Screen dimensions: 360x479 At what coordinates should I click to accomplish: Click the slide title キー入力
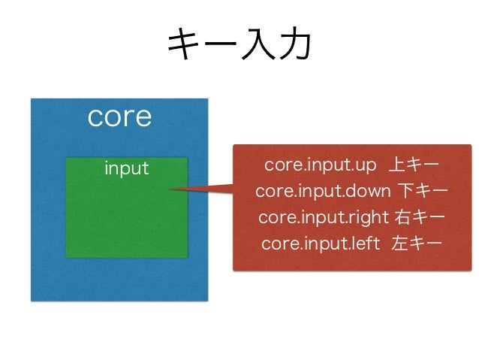pos(239,46)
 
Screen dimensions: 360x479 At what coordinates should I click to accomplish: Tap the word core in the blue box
pos(119,116)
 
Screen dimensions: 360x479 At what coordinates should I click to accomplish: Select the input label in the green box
pos(126,168)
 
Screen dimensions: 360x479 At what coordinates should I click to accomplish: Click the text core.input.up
pos(320,165)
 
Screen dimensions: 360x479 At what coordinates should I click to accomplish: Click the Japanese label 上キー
pos(417,165)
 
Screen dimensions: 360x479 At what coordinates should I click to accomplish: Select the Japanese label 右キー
pos(419,217)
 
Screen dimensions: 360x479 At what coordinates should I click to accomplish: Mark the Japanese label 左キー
pos(416,244)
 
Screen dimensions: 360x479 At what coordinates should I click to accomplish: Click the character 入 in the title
pos(257,46)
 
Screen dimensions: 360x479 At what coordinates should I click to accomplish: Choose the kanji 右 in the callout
pos(402,217)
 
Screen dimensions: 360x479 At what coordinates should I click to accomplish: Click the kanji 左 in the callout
pos(399,244)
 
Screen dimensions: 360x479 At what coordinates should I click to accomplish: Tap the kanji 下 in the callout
pos(403,191)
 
